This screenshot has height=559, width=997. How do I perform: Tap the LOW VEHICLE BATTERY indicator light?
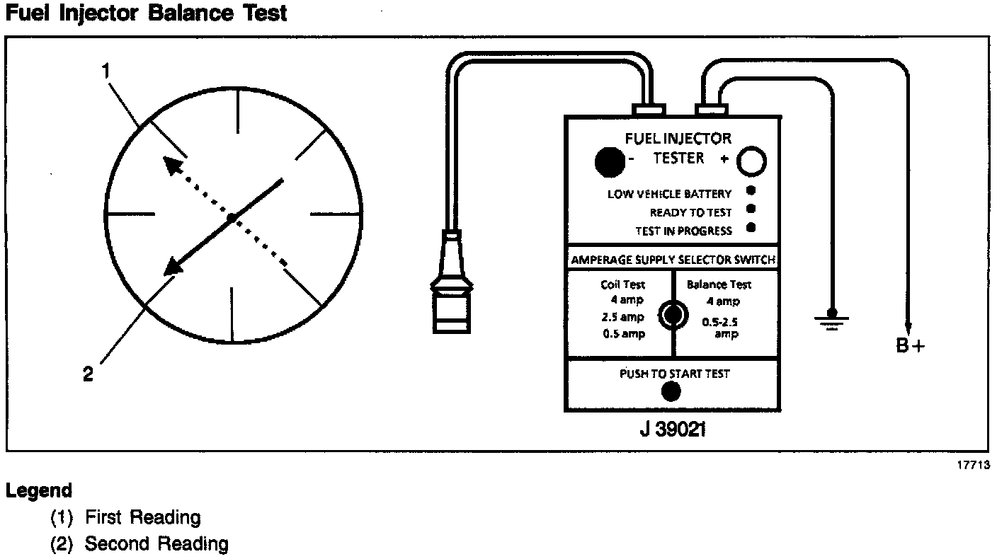[751, 191]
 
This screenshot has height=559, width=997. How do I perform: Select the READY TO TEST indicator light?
[751, 209]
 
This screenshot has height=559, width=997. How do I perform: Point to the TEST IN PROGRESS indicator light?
[751, 227]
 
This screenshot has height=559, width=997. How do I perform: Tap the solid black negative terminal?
[610, 161]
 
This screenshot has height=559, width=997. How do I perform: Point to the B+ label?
[910, 346]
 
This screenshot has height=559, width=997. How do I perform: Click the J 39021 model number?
[673, 430]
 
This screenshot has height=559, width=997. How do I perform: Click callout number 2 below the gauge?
[88, 374]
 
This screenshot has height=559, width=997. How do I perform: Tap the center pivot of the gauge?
[231, 217]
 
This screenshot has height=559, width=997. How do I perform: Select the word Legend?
[39, 491]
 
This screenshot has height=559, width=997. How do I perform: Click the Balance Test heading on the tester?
[719, 284]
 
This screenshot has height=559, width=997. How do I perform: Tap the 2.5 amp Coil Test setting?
[622, 317]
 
